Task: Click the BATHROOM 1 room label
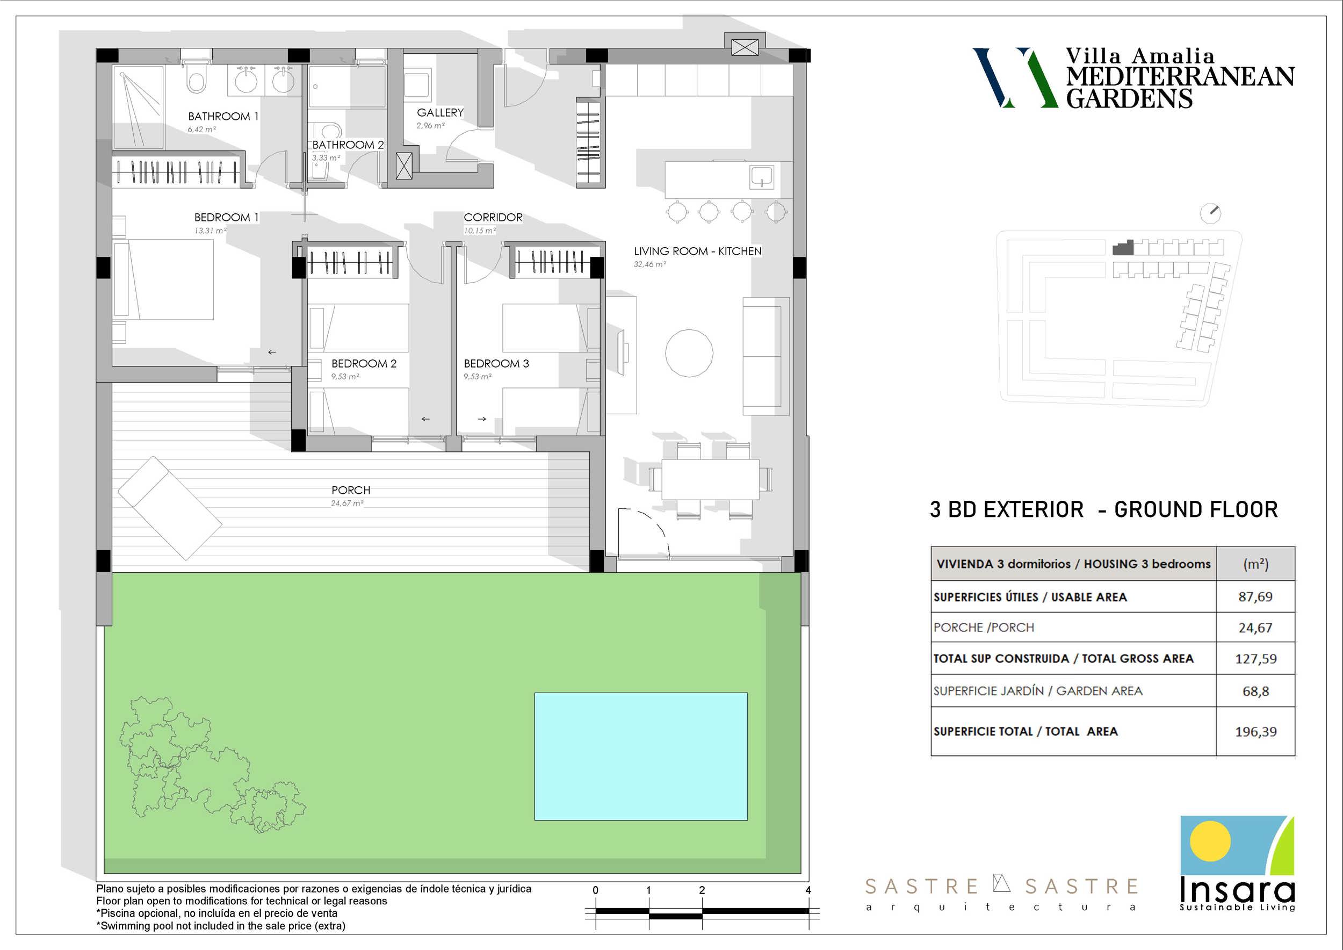[223, 117]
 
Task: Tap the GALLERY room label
[440, 112]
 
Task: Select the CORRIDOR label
[493, 217]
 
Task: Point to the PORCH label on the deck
[351, 490]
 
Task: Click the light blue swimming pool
[641, 757]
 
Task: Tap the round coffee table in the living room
[689, 352]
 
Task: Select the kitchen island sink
[762, 177]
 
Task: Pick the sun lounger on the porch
[170, 508]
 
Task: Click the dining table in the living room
[710, 480]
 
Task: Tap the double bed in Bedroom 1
[163, 279]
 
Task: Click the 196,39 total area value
[1255, 732]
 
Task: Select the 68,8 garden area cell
[1255, 692]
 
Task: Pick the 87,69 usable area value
[1255, 596]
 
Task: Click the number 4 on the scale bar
[808, 890]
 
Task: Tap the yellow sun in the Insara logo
[1210, 841]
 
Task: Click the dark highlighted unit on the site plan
[1123, 248]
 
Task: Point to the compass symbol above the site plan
[1210, 213]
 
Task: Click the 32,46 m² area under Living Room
[650, 264]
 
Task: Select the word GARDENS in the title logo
[1129, 98]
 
